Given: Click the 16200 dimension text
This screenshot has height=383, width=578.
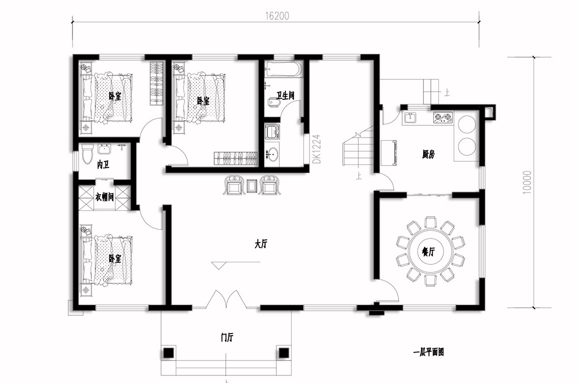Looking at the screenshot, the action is click(x=277, y=16).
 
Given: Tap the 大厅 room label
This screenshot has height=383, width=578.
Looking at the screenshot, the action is click(x=260, y=244).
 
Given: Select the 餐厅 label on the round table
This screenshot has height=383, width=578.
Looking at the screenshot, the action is click(x=428, y=252).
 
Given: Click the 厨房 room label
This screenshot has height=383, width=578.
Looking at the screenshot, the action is click(x=428, y=154).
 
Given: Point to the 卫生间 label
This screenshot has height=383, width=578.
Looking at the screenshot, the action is click(x=285, y=96).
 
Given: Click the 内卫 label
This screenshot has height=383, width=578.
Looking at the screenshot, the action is click(x=103, y=165).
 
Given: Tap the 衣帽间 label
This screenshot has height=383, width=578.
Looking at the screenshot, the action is click(x=104, y=198).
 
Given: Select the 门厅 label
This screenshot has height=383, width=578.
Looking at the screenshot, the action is click(x=227, y=337).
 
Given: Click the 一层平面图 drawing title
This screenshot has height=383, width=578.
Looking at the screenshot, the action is click(x=428, y=352).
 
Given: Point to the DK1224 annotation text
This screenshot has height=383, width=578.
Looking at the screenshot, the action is click(x=317, y=149).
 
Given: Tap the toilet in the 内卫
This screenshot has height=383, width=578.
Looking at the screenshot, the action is click(x=87, y=154).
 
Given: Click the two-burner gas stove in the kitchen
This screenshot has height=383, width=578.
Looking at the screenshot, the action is click(x=443, y=117).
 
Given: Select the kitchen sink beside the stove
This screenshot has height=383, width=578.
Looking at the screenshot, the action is click(x=410, y=118).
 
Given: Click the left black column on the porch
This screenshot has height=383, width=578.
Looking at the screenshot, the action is click(x=169, y=353).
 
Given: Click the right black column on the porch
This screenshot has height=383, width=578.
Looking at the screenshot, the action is click(x=283, y=353).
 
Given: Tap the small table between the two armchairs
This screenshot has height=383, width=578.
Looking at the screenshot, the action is click(x=251, y=186).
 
